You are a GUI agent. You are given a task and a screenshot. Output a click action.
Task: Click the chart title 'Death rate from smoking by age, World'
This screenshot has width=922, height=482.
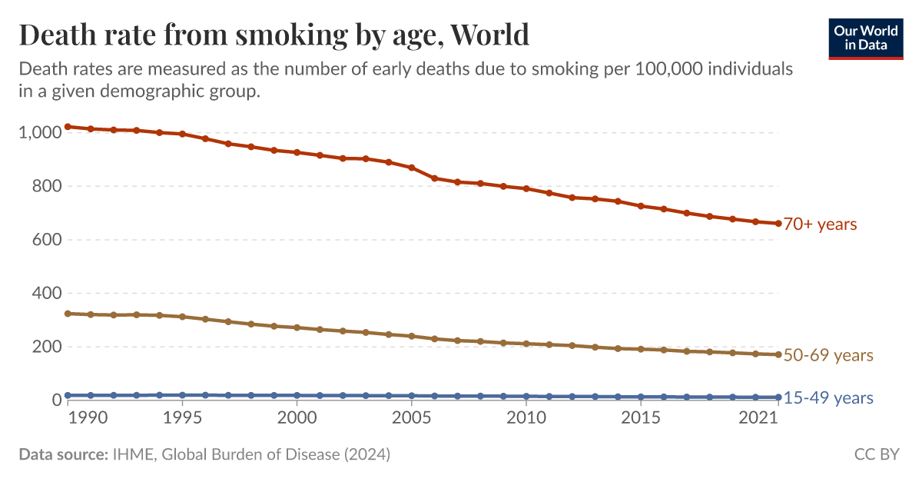(x=274, y=35)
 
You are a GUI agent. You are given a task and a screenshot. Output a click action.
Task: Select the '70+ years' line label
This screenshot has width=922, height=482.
(x=820, y=224)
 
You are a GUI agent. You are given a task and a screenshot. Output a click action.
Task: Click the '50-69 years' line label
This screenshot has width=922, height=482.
(x=828, y=355)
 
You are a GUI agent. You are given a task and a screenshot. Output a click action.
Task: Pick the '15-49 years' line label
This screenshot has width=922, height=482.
(x=828, y=397)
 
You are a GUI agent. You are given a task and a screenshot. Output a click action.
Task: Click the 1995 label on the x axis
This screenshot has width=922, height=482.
(x=182, y=418)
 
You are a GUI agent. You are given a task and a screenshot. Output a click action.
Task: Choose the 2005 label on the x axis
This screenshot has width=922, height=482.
(x=411, y=418)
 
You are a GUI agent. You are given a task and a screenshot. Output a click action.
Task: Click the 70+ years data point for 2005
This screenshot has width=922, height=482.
(x=411, y=168)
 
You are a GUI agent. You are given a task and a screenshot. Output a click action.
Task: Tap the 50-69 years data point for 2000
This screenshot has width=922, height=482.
(x=297, y=327)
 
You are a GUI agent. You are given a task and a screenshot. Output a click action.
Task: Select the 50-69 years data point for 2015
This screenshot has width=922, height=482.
(x=640, y=349)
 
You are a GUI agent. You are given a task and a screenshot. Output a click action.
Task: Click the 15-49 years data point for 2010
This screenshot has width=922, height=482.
(x=526, y=397)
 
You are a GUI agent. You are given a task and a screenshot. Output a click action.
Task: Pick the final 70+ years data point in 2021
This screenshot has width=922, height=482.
(x=778, y=224)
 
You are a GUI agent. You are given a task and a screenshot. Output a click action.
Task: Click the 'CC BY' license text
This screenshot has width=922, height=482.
(x=876, y=454)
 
